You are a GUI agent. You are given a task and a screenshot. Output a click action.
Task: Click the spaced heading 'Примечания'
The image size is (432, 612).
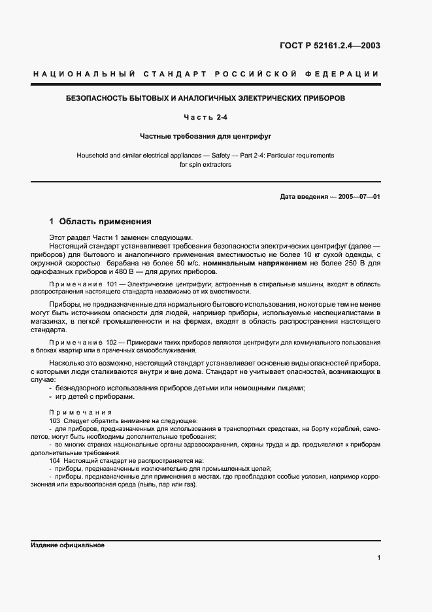pos(80,413)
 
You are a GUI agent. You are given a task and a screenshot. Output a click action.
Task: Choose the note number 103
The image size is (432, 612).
pos(55,420)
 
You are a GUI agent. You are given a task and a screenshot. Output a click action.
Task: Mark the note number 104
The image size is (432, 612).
pos(55,461)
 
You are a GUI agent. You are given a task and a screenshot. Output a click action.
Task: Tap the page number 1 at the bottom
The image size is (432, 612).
pos(378,558)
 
